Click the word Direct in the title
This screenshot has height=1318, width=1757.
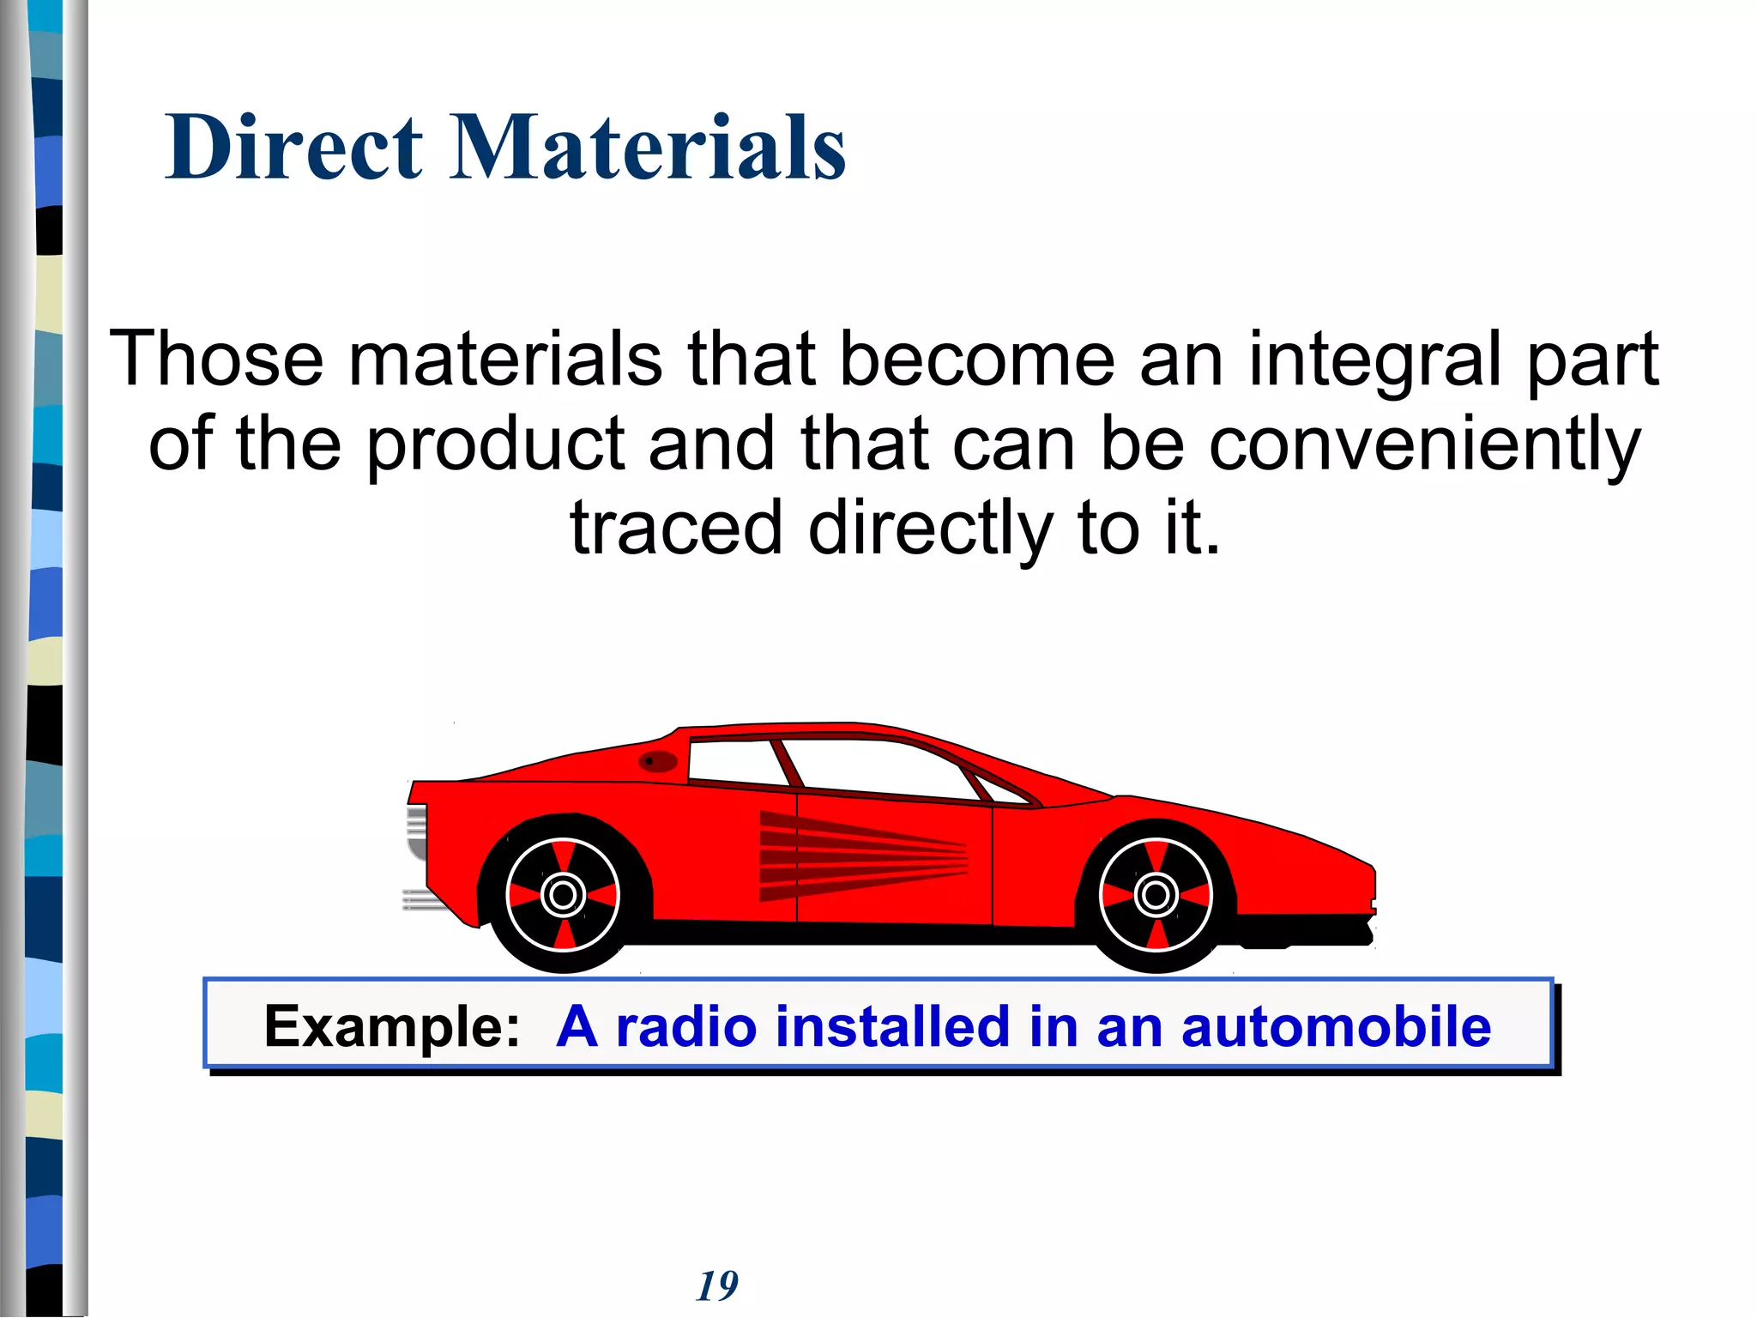pos(294,148)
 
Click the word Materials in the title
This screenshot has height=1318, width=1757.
pos(648,148)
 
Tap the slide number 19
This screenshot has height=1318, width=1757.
pos(717,1286)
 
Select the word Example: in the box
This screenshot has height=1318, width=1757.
pos(392,1026)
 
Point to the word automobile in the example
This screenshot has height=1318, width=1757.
pos(1336,1026)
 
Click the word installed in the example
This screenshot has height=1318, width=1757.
pos(892,1026)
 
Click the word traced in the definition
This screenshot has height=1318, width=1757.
pos(676,527)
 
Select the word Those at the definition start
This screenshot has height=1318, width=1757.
pos(217,359)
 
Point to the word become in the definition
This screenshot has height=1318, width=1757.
pos(976,359)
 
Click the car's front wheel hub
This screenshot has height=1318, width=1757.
pos(1156,895)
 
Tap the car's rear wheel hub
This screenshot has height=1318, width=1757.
pos(563,895)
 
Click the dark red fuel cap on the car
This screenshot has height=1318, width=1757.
pos(658,761)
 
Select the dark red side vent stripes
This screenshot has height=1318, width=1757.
pos(858,855)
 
